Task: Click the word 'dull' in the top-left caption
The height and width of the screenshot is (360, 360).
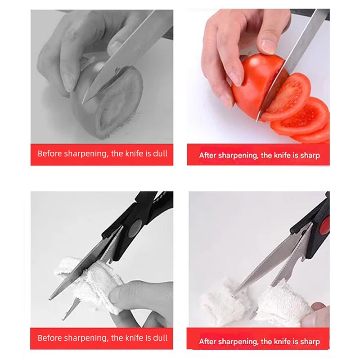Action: click(160, 153)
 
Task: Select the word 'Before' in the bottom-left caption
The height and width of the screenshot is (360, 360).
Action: click(50, 337)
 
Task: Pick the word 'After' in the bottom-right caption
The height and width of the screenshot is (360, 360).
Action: click(208, 342)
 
